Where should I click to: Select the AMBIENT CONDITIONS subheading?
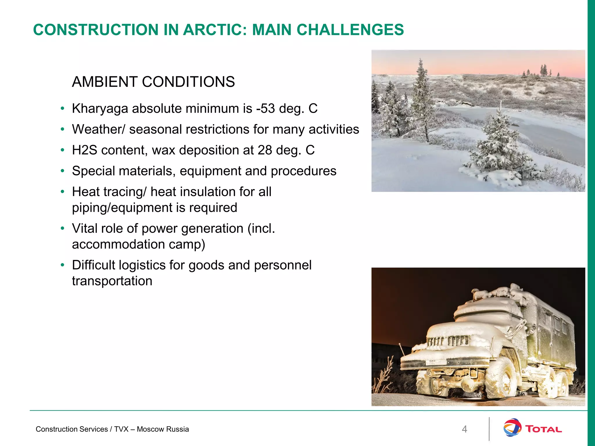(153, 82)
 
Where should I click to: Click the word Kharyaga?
(100, 109)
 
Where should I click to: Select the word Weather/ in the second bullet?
(98, 130)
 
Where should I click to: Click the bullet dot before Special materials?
(62, 171)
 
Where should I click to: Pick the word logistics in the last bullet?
(142, 265)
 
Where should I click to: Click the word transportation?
(112, 281)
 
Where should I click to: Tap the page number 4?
(464, 429)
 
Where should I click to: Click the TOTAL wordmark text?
(544, 429)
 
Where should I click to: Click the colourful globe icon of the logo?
(512, 427)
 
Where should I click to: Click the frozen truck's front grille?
(447, 341)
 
